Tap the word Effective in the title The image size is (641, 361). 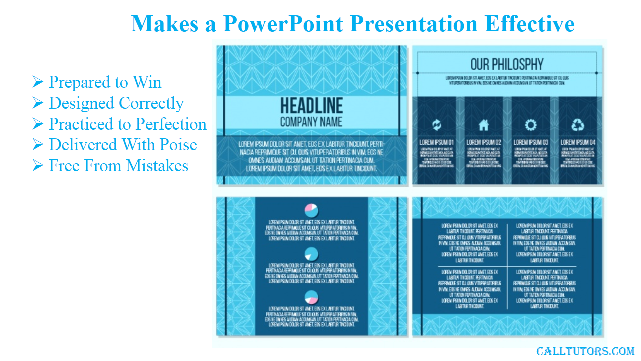529,24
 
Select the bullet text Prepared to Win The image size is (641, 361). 105,82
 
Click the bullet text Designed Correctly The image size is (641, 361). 116,103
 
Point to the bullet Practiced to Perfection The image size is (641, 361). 127,124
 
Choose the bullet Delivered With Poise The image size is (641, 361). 123,145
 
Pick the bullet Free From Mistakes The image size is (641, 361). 118,166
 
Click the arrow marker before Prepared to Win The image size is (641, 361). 38,82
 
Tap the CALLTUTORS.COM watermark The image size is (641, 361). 585,352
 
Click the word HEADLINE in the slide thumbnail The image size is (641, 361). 311,106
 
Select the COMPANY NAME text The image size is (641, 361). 311,122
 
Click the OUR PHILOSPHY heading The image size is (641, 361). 507,64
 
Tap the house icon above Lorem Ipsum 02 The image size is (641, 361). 484,125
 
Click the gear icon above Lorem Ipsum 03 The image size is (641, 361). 531,125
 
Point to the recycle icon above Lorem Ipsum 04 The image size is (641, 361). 578,125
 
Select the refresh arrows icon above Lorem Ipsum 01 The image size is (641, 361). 437,125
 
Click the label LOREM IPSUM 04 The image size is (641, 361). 578,142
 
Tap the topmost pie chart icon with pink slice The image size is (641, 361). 311,210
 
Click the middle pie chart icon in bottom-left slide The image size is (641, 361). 311,254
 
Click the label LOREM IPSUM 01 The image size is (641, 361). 437,142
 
